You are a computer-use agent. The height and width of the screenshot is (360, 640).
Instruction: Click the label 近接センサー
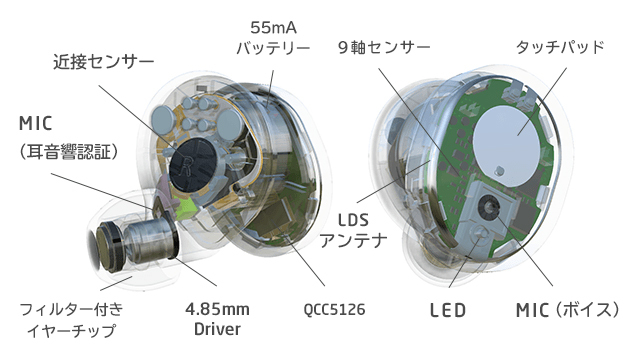coord(104,62)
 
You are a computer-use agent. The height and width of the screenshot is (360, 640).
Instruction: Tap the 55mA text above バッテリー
coord(273,27)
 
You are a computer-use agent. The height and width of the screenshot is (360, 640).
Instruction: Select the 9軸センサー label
coord(384,48)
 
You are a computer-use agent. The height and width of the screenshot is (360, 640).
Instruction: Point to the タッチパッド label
coord(560,47)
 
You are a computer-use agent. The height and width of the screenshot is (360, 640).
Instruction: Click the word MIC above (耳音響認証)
coord(36,123)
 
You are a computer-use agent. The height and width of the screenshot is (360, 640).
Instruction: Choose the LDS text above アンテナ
coord(353,220)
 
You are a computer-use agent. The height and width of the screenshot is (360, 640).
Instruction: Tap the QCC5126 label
coord(334,309)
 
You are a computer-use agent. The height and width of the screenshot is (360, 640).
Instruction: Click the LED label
coord(448,311)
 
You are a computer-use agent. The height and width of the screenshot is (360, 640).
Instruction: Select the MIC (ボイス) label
coord(568,310)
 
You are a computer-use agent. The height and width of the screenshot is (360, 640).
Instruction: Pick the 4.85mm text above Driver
coord(217,309)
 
